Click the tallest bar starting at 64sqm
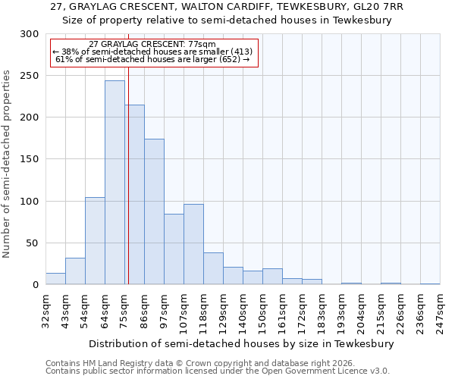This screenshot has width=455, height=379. tap(115, 183)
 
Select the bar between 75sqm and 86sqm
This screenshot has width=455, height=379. tap(134, 195)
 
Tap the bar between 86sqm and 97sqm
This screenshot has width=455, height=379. tap(154, 211)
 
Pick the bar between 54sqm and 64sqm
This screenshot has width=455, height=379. tap(95, 241)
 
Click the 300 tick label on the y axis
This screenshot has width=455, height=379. tap(30, 34)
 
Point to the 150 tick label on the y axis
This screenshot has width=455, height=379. tap(30, 159)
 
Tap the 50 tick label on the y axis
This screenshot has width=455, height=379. tap(33, 243)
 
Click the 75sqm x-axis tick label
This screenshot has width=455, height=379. tap(124, 311)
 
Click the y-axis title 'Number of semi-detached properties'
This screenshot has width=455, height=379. tap(7, 164)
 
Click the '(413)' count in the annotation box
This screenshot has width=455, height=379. tap(238, 52)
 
